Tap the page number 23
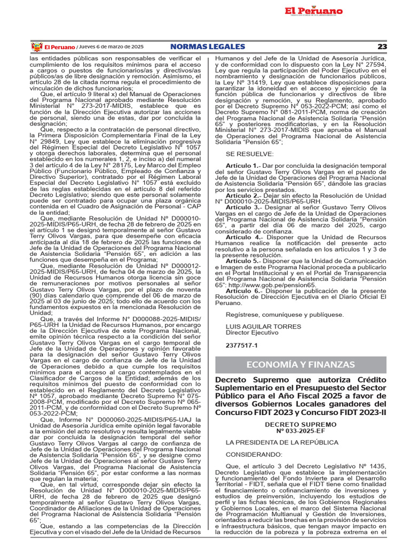coord(382,47)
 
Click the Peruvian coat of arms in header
coord(37,47)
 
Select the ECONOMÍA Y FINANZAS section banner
coord(300,364)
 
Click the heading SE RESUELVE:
coord(250,154)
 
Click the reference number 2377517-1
coord(241,346)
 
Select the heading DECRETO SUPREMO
coord(300,423)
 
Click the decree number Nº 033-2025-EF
coord(300,430)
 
